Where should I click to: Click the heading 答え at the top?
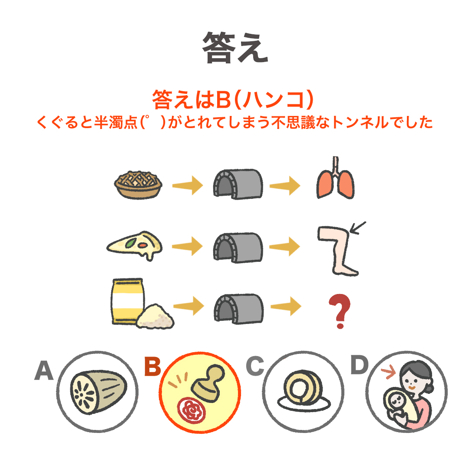tap(235, 48)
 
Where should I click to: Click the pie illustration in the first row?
tap(138, 185)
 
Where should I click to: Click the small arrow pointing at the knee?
tap(359, 228)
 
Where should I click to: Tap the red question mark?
tap(339, 311)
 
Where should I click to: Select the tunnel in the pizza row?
tap(238, 247)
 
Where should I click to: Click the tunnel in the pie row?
tap(238, 185)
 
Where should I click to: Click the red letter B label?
tap(152, 367)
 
